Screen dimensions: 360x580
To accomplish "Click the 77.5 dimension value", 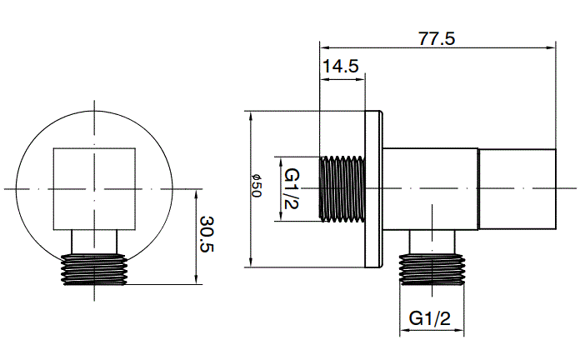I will coord(437,38).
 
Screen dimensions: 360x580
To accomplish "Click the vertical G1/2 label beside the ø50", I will coord(293,189).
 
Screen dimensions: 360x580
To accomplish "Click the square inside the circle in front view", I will coord(94,187).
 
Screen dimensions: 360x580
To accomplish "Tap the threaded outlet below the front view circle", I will coord(94,268).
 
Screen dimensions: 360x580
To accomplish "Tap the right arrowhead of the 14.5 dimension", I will coord(360,77).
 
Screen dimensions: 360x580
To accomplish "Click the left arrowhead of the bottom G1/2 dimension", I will coord(405,332).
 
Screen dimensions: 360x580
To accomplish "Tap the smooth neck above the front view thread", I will coord(94,241).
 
